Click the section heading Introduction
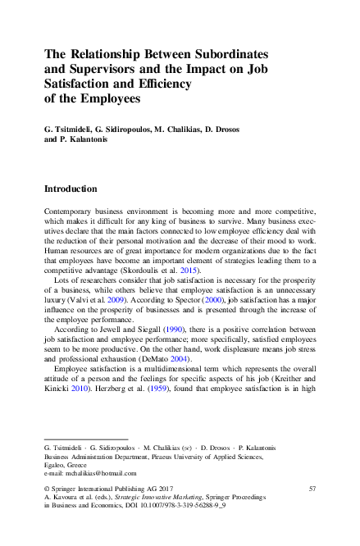click(71, 189)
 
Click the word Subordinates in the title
click(235, 52)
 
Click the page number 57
click(312, 489)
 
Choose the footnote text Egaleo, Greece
click(66, 465)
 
